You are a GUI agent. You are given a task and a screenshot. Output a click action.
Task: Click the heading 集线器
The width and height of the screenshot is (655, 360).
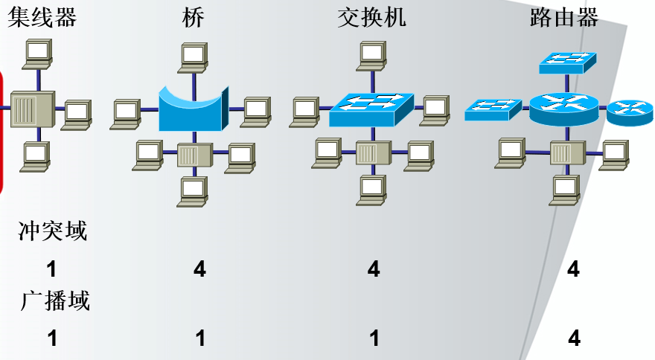click(42, 17)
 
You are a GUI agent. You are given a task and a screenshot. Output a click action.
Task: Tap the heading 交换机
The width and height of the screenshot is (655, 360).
click(371, 17)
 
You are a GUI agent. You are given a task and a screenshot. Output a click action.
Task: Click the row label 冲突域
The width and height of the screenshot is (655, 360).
click(53, 231)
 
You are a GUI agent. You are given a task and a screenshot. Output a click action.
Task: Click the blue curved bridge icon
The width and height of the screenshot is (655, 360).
click(191, 110)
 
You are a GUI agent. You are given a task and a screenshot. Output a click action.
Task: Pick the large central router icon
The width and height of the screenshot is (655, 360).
click(564, 108)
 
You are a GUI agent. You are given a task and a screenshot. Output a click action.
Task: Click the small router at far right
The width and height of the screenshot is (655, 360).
click(630, 112)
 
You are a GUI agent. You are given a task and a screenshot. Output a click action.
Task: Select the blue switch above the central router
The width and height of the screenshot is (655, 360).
click(567, 62)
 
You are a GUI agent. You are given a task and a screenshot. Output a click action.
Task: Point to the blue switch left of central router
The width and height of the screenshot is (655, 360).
click(492, 109)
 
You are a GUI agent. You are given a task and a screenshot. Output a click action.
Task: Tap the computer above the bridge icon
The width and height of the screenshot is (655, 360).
click(194, 57)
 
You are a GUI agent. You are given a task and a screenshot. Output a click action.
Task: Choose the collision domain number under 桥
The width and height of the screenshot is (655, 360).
click(199, 269)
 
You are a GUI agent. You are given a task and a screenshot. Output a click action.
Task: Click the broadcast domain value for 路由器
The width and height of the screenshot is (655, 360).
click(573, 338)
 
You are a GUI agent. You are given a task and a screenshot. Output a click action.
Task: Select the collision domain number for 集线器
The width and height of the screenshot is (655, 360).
click(52, 269)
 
